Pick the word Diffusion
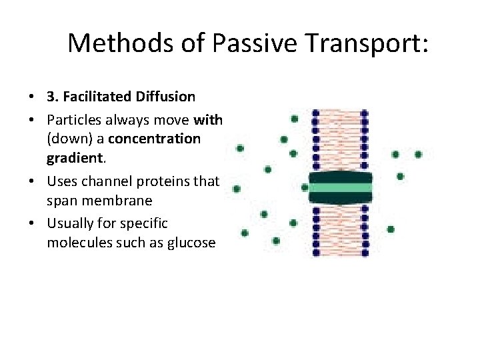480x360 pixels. [163, 97]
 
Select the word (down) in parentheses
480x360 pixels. [65, 139]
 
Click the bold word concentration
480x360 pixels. [154, 139]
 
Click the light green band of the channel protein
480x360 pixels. [340, 187]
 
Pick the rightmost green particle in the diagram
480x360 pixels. [418, 155]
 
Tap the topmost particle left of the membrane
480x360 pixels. [295, 119]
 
